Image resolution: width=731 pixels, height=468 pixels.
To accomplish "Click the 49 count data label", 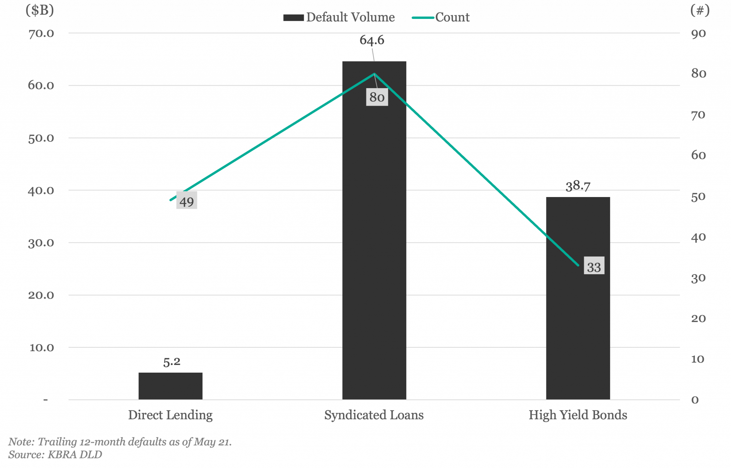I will click(x=187, y=202).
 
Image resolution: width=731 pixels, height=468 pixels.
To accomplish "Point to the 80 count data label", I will click(x=377, y=97).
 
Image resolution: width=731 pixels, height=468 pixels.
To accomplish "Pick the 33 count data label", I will click(x=594, y=267).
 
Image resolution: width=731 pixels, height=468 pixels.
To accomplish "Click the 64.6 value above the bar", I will click(x=372, y=40).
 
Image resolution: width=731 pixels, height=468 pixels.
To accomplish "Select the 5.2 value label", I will click(x=172, y=362).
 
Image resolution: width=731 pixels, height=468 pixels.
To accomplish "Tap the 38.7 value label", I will click(x=578, y=186).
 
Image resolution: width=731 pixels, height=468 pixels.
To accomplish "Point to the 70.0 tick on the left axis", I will click(x=41, y=33).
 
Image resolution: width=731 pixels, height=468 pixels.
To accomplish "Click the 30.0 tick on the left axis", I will click(x=41, y=243).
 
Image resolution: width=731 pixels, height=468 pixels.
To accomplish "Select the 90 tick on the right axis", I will click(x=699, y=34).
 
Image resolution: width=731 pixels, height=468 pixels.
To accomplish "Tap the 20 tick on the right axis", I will click(x=699, y=318).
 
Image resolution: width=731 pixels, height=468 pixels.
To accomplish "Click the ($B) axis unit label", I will click(x=40, y=10).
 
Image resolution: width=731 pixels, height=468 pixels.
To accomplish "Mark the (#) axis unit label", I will click(x=700, y=10).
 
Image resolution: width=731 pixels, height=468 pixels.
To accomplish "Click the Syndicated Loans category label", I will click(x=374, y=415).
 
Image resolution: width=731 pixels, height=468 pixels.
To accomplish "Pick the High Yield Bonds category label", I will click(x=578, y=415).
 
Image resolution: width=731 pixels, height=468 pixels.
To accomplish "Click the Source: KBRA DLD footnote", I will click(x=55, y=454).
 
